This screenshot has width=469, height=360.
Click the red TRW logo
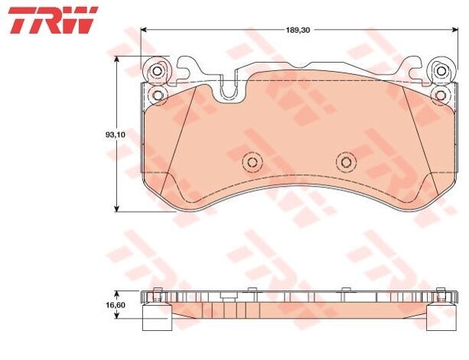(53, 20)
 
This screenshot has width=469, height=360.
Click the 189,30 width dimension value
(298, 30)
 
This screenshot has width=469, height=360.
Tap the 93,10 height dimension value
(116, 135)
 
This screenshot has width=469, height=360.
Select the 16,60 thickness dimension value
(116, 305)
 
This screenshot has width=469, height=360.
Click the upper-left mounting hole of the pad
(157, 71)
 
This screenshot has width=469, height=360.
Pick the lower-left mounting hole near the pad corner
(158, 95)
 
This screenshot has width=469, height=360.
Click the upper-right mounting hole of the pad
(441, 71)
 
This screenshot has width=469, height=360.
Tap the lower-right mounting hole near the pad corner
(440, 96)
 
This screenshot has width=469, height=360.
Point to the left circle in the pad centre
(252, 162)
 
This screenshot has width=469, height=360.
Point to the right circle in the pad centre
(346, 162)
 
